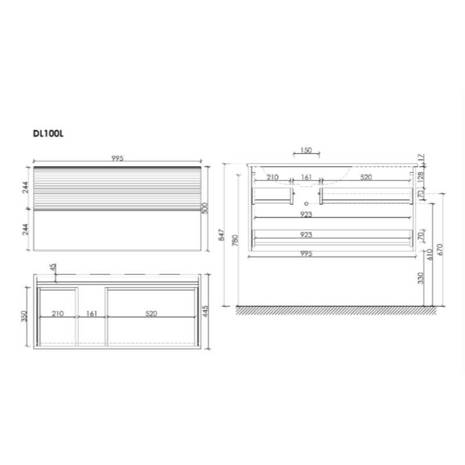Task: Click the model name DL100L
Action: (x=48, y=134)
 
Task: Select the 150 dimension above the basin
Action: (x=306, y=150)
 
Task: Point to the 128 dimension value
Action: (x=421, y=177)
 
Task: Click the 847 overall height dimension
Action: (x=221, y=235)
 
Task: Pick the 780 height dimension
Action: (x=235, y=241)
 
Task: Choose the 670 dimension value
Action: (x=439, y=250)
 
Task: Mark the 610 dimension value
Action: (x=430, y=255)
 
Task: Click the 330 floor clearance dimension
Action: (x=421, y=278)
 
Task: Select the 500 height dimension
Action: (x=205, y=208)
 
